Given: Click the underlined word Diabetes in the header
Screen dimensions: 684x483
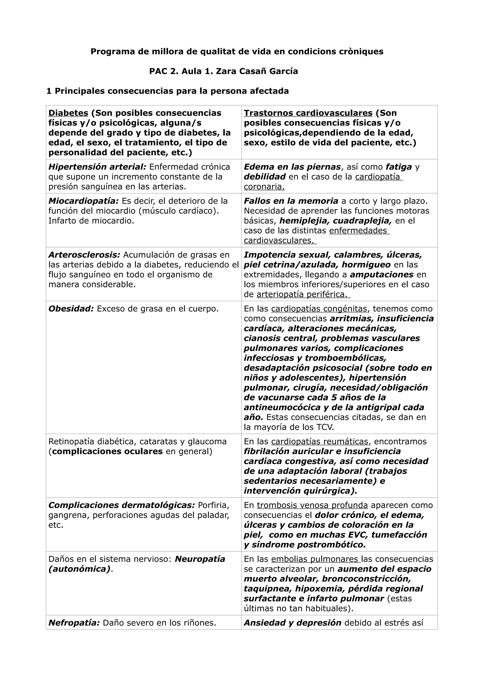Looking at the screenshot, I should coord(68,113).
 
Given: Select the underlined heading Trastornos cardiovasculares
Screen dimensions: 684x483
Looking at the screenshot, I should coord(308,113).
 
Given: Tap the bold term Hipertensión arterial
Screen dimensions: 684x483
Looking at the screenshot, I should coord(97,167).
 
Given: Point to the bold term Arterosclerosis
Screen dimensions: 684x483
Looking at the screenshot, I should coord(84,255).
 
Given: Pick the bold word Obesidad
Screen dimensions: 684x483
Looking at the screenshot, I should coord(71,309).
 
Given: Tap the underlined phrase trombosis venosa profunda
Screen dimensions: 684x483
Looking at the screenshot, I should coord(312,506).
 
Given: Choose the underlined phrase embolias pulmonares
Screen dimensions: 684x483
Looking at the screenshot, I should coord(316,559).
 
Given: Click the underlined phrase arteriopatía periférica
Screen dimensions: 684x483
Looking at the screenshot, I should coord(302,295).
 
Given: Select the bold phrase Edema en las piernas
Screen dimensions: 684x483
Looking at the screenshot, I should coord(292,167).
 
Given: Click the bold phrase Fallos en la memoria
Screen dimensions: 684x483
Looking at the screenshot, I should coord(291,201).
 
